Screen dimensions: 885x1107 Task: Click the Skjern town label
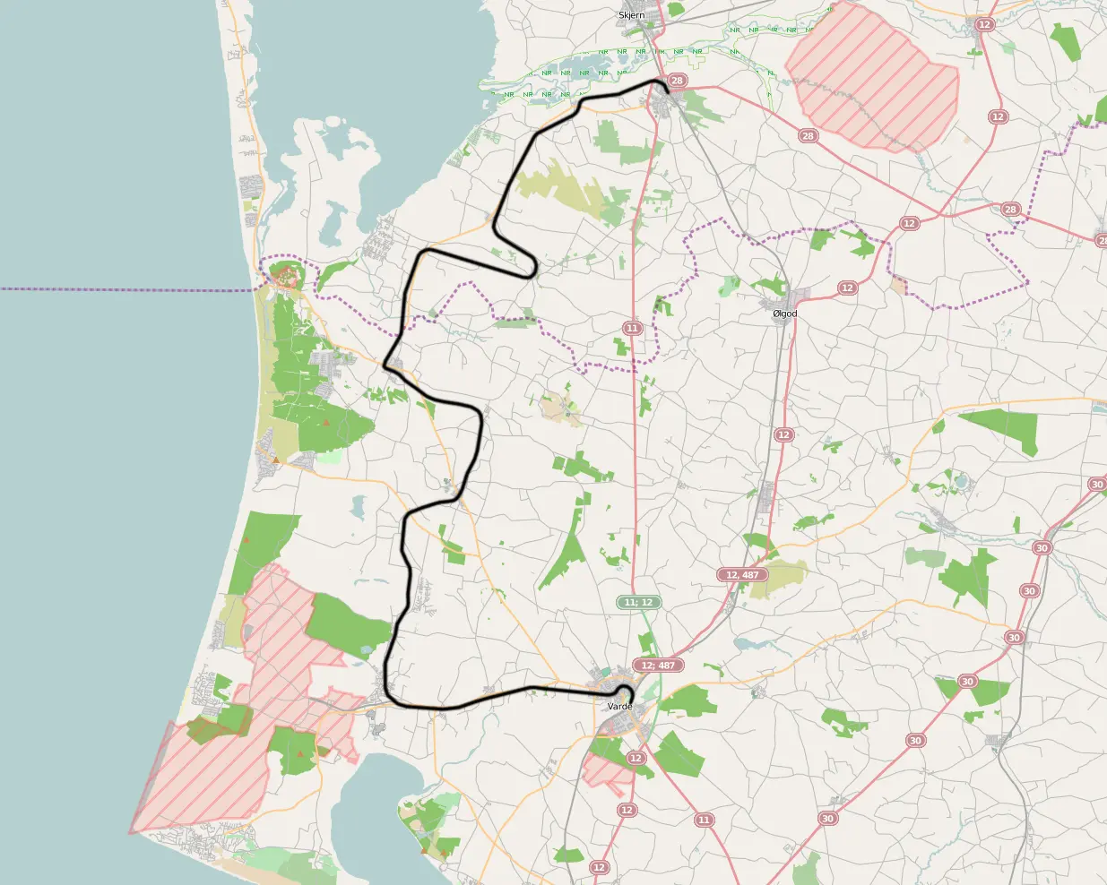(631, 15)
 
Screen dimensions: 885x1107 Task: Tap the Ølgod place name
(784, 314)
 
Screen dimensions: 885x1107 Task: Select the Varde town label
(619, 707)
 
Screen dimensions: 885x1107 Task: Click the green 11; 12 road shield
(639, 602)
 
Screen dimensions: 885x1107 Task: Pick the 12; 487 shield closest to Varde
(658, 666)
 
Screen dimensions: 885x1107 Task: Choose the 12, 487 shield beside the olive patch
(742, 574)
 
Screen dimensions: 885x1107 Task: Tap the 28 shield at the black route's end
(677, 81)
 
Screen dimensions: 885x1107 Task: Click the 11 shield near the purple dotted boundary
(632, 328)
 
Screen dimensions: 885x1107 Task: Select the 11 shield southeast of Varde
(704, 820)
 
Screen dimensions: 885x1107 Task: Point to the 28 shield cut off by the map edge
(1102, 239)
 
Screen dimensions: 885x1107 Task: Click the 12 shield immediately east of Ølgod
(847, 288)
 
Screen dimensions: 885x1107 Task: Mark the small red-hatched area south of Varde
(606, 770)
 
